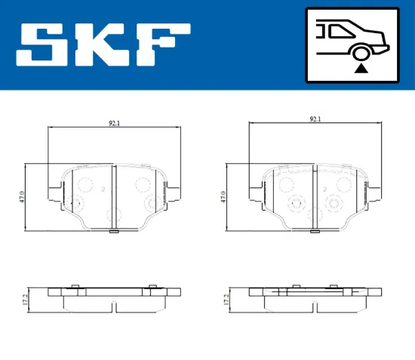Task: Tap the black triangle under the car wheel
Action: point(361,69)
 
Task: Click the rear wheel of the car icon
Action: point(361,52)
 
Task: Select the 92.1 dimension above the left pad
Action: point(114,122)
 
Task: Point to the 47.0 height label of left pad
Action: point(23,196)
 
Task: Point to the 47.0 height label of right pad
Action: point(224,196)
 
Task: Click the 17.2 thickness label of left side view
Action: point(24,300)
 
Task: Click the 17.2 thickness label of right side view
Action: point(226,300)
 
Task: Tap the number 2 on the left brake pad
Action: point(103,189)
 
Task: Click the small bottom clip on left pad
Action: point(113,231)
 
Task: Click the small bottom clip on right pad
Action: point(315,231)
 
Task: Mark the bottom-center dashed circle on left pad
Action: point(113,214)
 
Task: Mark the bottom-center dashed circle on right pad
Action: point(315,214)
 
